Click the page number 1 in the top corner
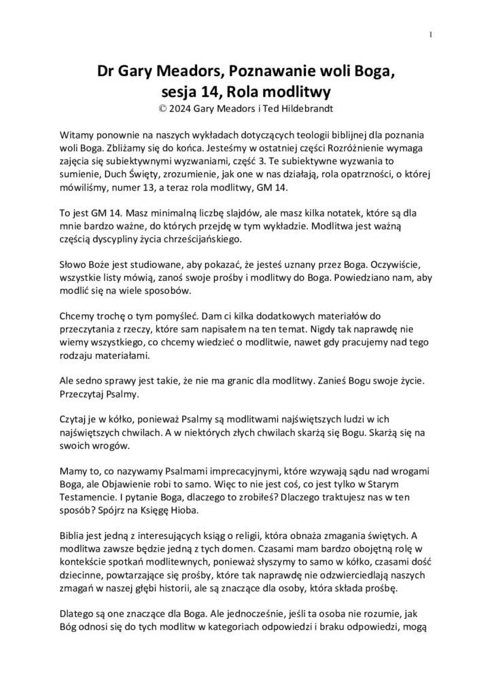click(432, 36)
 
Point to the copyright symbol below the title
click(160, 107)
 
